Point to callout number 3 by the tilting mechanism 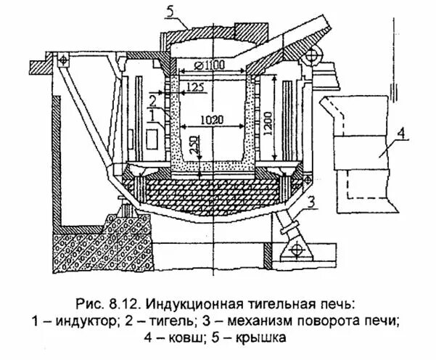(x=310, y=200)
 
